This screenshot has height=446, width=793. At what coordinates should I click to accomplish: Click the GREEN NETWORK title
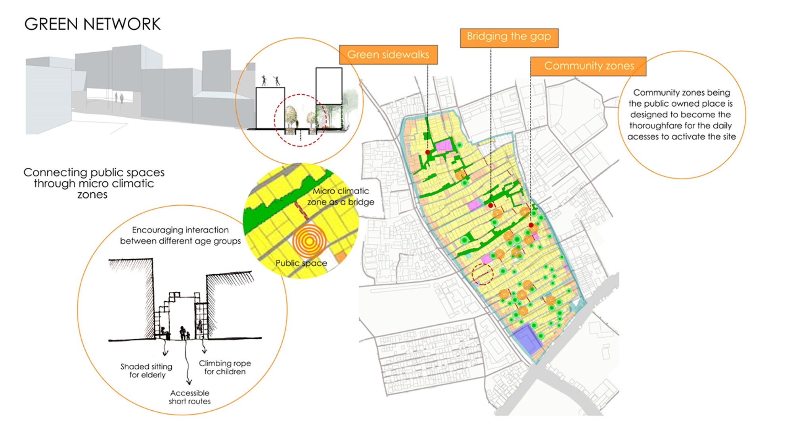pos(92,24)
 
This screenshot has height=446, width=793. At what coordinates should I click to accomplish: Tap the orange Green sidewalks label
pos(388,54)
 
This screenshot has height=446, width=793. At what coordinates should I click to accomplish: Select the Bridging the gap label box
pos(509,38)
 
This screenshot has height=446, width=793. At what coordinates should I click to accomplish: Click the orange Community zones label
pos(588,66)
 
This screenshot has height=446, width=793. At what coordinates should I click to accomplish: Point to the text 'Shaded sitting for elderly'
pos(147,371)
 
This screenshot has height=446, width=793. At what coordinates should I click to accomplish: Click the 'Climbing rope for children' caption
pos(225,367)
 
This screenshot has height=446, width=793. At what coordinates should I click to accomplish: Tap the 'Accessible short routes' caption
pos(190,397)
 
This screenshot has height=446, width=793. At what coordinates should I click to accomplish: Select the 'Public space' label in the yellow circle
pos(301,263)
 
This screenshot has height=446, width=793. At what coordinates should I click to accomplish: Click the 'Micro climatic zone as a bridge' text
pos(341,196)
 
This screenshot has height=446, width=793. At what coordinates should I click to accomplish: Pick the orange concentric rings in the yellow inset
pos(309,241)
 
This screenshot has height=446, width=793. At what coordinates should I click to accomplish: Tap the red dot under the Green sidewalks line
pos(427,152)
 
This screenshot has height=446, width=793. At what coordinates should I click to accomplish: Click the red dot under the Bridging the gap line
pos(491,205)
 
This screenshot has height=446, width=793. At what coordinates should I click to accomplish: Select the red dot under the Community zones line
pos(531,225)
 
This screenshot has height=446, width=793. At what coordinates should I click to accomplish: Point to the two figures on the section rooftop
pos(271,80)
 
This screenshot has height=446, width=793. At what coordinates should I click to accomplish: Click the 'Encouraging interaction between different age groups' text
pos(180,235)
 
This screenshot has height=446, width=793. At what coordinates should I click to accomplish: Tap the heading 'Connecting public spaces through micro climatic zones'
pos(94,183)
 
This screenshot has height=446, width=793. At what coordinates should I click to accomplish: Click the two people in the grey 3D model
pos(119,98)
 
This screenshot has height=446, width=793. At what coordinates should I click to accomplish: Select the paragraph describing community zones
pos(681,115)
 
